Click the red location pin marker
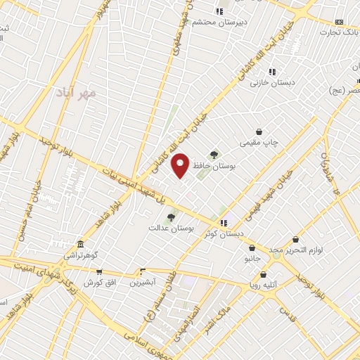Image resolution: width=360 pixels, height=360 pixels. (181, 165)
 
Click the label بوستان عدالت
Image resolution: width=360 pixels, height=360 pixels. (170, 229)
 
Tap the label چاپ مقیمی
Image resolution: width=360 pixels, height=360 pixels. (260, 143)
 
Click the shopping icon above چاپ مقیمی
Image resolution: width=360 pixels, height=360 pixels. (259, 131)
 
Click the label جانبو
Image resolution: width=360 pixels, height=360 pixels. (252, 259)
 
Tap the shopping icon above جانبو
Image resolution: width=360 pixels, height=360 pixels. (252, 247)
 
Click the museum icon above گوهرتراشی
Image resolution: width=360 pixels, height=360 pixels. (80, 245)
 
